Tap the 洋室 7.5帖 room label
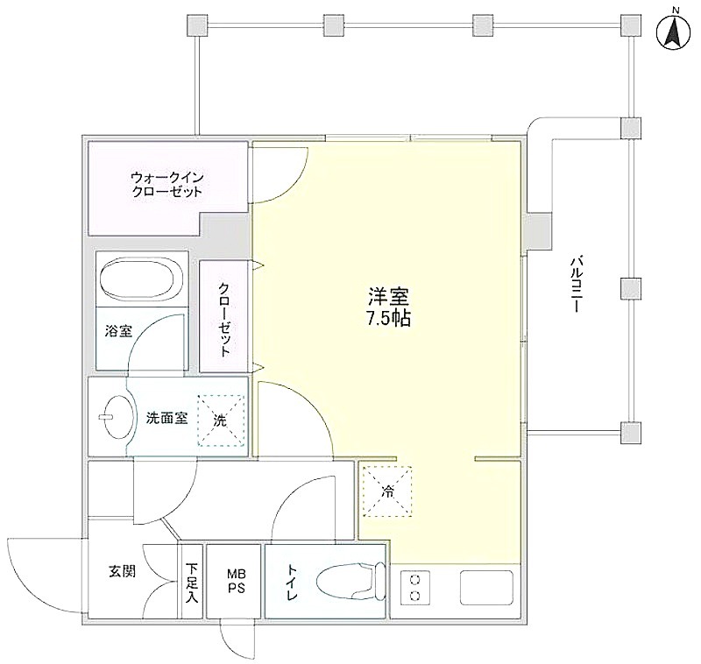[x=388, y=306]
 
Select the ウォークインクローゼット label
[x=166, y=185]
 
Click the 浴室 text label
[x=118, y=331]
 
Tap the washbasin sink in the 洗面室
[x=117, y=417]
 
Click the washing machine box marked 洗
[x=222, y=420]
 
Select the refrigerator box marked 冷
[x=387, y=491]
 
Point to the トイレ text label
[x=292, y=583]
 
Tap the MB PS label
[x=237, y=581]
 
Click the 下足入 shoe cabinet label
[x=192, y=583]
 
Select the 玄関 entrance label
[x=122, y=571]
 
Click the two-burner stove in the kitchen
[x=414, y=588]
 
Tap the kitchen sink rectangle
[x=487, y=588]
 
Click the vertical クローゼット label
[x=224, y=319]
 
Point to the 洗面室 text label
[x=167, y=418]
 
